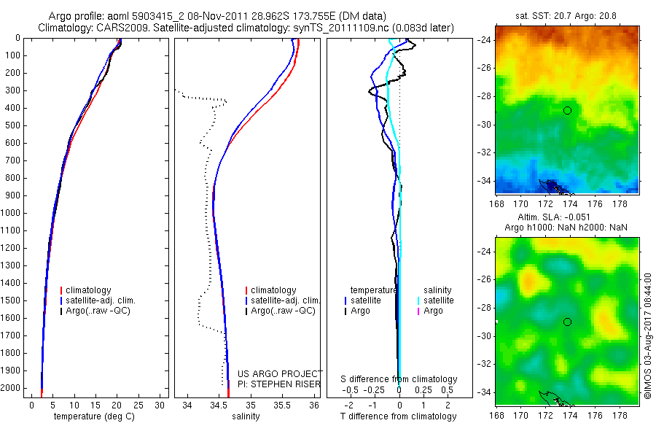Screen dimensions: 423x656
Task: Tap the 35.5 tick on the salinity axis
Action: point(282,405)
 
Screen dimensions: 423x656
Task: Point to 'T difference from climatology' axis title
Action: point(399,416)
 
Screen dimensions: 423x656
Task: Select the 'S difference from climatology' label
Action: point(399,379)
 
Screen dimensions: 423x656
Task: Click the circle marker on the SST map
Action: point(567,110)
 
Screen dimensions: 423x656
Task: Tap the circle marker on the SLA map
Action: point(567,322)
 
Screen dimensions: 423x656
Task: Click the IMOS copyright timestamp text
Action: point(647,335)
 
